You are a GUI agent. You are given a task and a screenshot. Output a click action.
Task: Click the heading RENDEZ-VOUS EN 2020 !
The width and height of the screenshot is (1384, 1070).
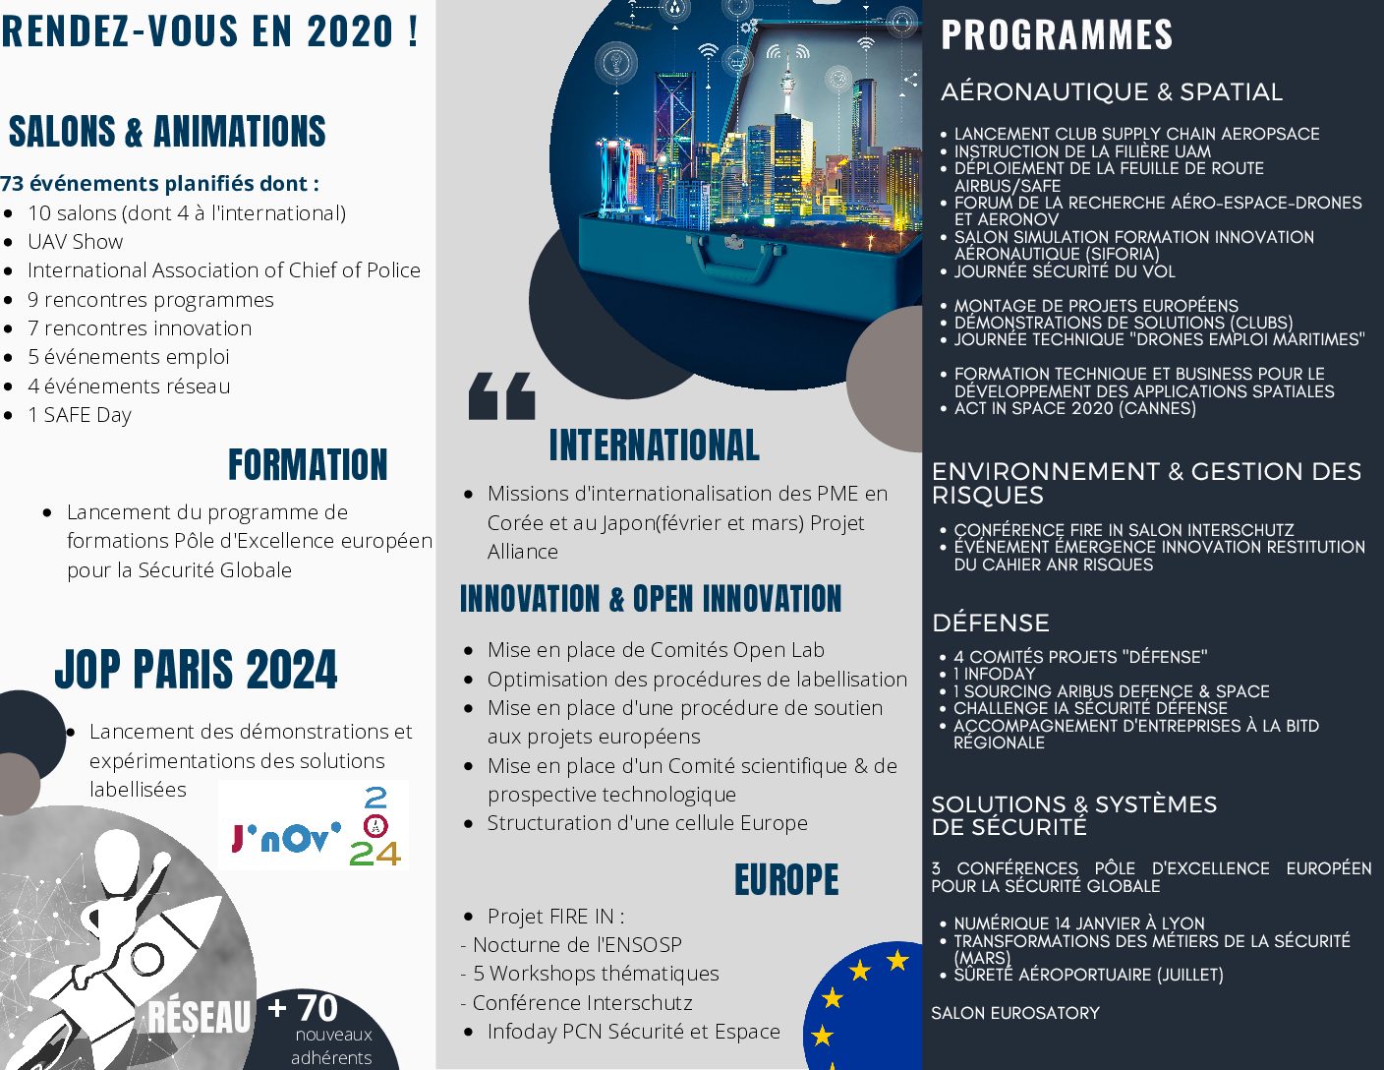tap(209, 31)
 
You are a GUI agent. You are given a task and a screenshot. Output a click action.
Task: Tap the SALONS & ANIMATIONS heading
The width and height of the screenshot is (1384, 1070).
tap(167, 132)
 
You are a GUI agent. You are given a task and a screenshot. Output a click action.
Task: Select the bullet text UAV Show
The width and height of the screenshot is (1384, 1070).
tap(76, 242)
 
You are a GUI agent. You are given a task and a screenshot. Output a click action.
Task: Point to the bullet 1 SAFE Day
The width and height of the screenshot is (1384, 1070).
tap(80, 415)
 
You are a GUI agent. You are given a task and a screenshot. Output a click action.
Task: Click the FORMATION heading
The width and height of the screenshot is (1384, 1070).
tap(308, 465)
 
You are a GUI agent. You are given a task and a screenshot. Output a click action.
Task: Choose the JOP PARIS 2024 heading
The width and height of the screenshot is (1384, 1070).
tap(196, 671)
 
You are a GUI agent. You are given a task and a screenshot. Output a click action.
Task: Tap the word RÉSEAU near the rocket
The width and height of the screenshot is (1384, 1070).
tap(200, 1017)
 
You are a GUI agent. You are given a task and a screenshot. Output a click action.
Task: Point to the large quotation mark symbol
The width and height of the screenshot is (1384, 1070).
tap(502, 395)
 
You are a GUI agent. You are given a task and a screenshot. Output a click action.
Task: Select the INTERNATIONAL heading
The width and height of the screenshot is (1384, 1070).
tap(654, 446)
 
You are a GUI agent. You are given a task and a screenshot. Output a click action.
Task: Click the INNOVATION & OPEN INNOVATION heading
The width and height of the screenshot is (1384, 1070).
tap(651, 599)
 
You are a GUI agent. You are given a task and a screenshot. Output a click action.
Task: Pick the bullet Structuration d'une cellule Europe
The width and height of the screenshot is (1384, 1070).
tap(647, 823)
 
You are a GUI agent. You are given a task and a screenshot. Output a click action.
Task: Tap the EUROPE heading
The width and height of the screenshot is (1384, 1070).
tap(786, 880)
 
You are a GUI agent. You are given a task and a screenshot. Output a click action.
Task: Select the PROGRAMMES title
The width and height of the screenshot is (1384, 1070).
tap(1057, 35)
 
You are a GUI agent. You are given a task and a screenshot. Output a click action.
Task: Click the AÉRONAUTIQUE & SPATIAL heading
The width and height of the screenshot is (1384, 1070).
tap(1112, 92)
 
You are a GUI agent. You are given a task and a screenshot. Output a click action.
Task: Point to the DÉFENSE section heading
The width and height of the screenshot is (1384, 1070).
tap(991, 624)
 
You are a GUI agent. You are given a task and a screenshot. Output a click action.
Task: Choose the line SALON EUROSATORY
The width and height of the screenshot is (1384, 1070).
tap(1015, 1013)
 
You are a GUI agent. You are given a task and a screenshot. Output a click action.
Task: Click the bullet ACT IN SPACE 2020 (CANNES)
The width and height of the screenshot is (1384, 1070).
tap(1075, 408)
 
